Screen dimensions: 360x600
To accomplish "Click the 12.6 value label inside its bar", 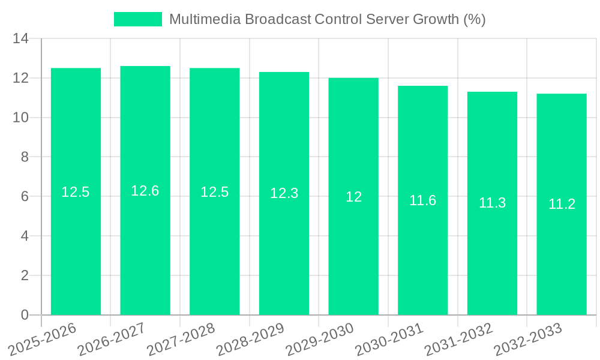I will pos(145,191).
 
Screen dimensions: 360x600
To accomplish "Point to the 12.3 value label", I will pos(284,193).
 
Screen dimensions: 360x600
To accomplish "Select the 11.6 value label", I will pos(423,200).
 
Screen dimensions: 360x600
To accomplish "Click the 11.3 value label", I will pos(492,203).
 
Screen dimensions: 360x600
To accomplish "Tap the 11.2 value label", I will pos(562,204).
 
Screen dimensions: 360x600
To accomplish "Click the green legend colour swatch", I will pos(138,19).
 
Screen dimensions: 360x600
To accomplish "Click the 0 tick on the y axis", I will pos(25,315).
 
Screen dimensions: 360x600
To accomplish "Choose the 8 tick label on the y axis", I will pos(25,157).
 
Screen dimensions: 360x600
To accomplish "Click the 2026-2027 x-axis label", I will pos(110,340).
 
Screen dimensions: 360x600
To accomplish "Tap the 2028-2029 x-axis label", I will pos(249,340).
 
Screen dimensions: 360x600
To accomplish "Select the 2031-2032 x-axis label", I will pos(458,340).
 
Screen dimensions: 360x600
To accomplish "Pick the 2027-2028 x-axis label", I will pos(180,340).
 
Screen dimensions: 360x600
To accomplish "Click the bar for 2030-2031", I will pos(423,258).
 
